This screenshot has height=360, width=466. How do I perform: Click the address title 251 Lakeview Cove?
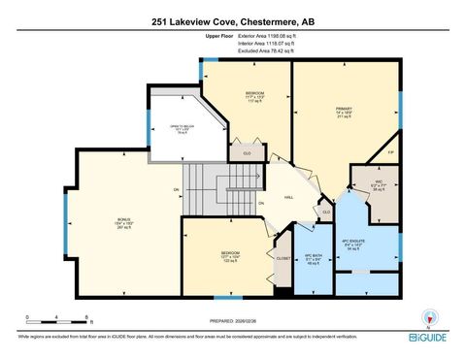[x=233, y=20]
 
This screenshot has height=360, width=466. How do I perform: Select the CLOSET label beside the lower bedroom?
[x=283, y=259]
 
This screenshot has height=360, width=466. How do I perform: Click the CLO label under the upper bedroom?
[x=249, y=153]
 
